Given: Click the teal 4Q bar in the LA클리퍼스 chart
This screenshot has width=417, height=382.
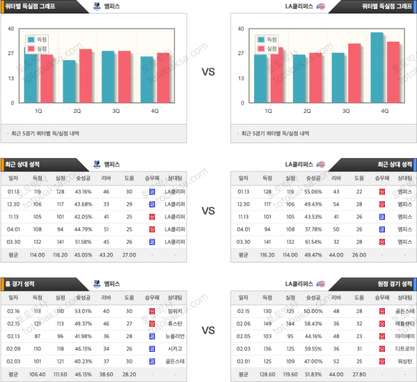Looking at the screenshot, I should [x=377, y=67].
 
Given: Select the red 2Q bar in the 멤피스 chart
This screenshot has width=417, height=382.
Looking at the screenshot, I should [x=85, y=76].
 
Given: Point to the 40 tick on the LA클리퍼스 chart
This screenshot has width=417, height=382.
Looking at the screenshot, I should [x=241, y=29].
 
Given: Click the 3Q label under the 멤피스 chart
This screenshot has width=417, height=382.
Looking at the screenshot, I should [x=116, y=110].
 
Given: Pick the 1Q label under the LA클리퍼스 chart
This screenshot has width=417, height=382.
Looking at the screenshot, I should [x=268, y=110].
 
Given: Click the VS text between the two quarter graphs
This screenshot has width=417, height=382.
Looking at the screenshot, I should [x=208, y=73].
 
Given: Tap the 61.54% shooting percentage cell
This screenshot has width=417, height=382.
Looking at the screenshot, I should [x=312, y=241].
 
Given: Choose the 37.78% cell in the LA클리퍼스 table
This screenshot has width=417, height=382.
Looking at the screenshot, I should [x=312, y=229].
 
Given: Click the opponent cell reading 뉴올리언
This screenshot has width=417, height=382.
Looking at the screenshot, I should [x=174, y=336].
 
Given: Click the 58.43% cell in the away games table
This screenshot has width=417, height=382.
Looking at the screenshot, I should [x=312, y=324].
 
